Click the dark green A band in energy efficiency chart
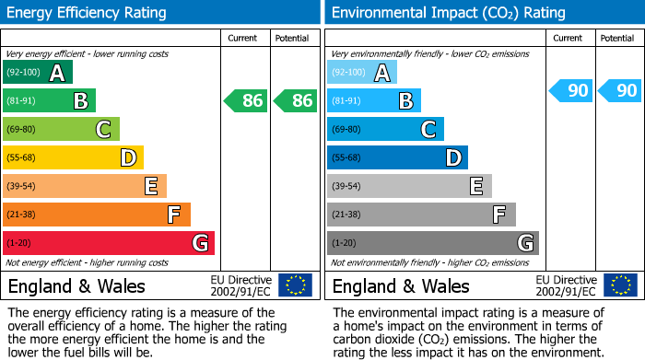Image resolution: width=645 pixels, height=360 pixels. click(37, 73)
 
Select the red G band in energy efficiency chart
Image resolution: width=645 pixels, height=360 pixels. click(108, 243)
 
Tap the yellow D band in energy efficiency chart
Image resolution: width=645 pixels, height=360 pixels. click(73, 158)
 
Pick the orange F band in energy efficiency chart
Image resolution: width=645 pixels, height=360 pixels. click(96, 215)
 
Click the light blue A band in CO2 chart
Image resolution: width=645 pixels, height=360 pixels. click(361, 73)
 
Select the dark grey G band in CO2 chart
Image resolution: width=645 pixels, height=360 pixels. click(432, 243)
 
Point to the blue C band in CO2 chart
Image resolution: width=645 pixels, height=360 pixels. click(385, 130)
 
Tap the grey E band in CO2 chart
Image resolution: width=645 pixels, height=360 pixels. click(408, 186)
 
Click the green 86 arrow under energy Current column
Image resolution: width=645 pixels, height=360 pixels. click(245, 101)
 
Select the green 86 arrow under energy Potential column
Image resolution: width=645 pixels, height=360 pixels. click(295, 101)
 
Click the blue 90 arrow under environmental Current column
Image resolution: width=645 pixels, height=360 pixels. click(570, 90)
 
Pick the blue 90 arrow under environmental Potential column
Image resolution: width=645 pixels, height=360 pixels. click(619, 90)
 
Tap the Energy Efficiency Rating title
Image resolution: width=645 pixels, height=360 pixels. click(87, 13)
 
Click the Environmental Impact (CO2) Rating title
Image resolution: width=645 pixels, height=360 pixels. click(448, 13)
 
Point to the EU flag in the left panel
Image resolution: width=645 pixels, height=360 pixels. click(295, 285)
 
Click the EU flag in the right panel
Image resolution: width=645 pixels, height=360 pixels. click(619, 285)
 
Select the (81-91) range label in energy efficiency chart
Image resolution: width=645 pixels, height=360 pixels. click(22, 101)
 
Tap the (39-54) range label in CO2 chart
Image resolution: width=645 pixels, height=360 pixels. click(346, 186)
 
